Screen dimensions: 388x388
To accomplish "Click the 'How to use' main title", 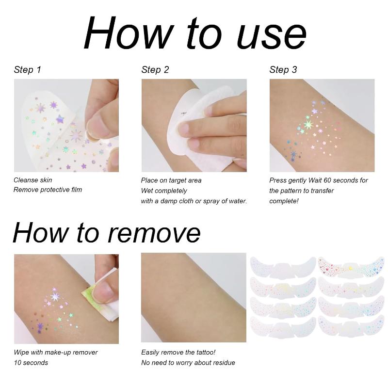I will tap(194, 34).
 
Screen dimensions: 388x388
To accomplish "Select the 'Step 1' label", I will tap(27, 70).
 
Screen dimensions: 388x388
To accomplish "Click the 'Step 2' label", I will tap(155, 70).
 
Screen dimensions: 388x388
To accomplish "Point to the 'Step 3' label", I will tap(283, 70).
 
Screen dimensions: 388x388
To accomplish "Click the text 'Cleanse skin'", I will tap(32, 180).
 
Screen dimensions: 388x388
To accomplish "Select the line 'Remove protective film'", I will tap(48, 190).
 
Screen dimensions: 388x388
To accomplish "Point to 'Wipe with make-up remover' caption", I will tap(55, 353).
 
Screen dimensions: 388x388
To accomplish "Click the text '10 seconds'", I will tap(31, 363).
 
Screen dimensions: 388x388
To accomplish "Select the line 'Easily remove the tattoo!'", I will tap(178, 353).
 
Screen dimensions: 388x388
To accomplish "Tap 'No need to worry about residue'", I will tap(188, 363).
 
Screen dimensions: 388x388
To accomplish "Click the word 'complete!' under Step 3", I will tap(284, 201).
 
